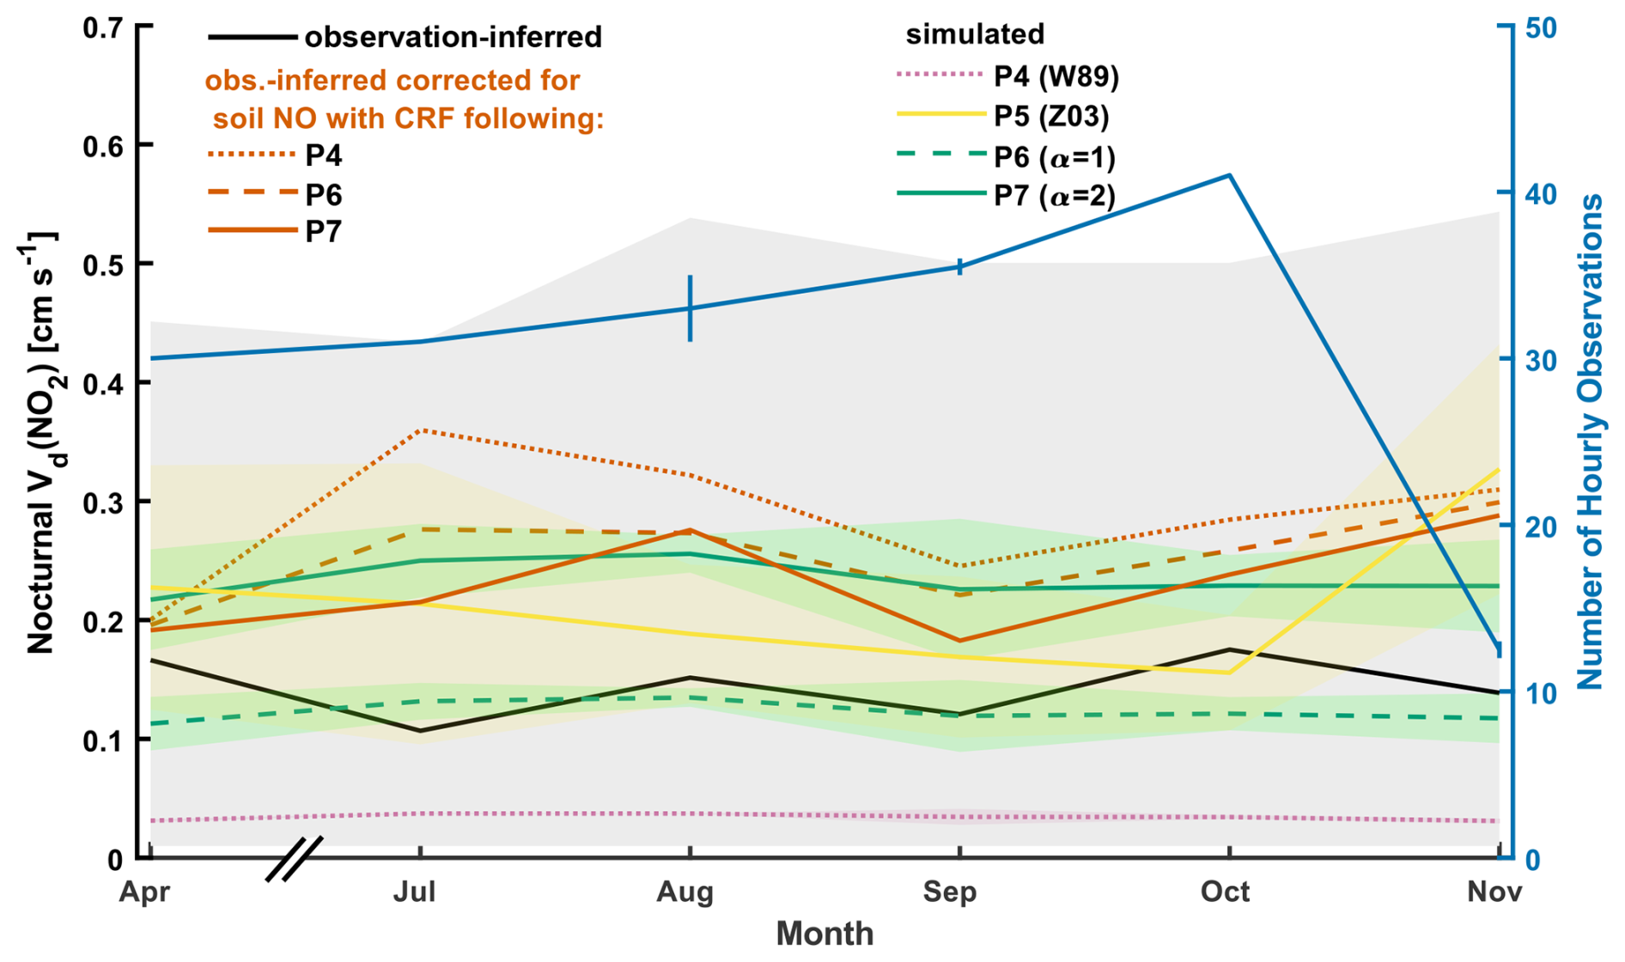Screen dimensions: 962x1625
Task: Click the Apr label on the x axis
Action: point(144,892)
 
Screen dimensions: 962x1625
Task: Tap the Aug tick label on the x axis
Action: point(685,892)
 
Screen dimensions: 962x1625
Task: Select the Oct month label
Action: point(1225,892)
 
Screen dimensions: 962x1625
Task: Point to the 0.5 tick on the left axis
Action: point(103,264)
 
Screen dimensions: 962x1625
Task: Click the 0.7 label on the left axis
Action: point(103,27)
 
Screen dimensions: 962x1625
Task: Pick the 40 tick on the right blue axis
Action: point(1539,194)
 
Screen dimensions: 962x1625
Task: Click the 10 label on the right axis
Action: point(1537,693)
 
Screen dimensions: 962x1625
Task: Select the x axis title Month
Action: point(825,934)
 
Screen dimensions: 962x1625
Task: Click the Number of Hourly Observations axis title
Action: point(1592,442)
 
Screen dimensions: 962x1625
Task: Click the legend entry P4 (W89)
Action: point(1056,76)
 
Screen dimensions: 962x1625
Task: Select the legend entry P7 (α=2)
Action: point(1054,196)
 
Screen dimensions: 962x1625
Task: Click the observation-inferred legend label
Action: point(453,37)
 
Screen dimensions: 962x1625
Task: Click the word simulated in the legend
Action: point(975,34)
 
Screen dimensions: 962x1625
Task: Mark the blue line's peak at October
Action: point(1230,175)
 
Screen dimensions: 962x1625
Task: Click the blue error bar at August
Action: point(690,308)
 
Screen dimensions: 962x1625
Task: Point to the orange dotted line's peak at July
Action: point(420,429)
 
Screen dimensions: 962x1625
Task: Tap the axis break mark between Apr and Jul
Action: point(295,858)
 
